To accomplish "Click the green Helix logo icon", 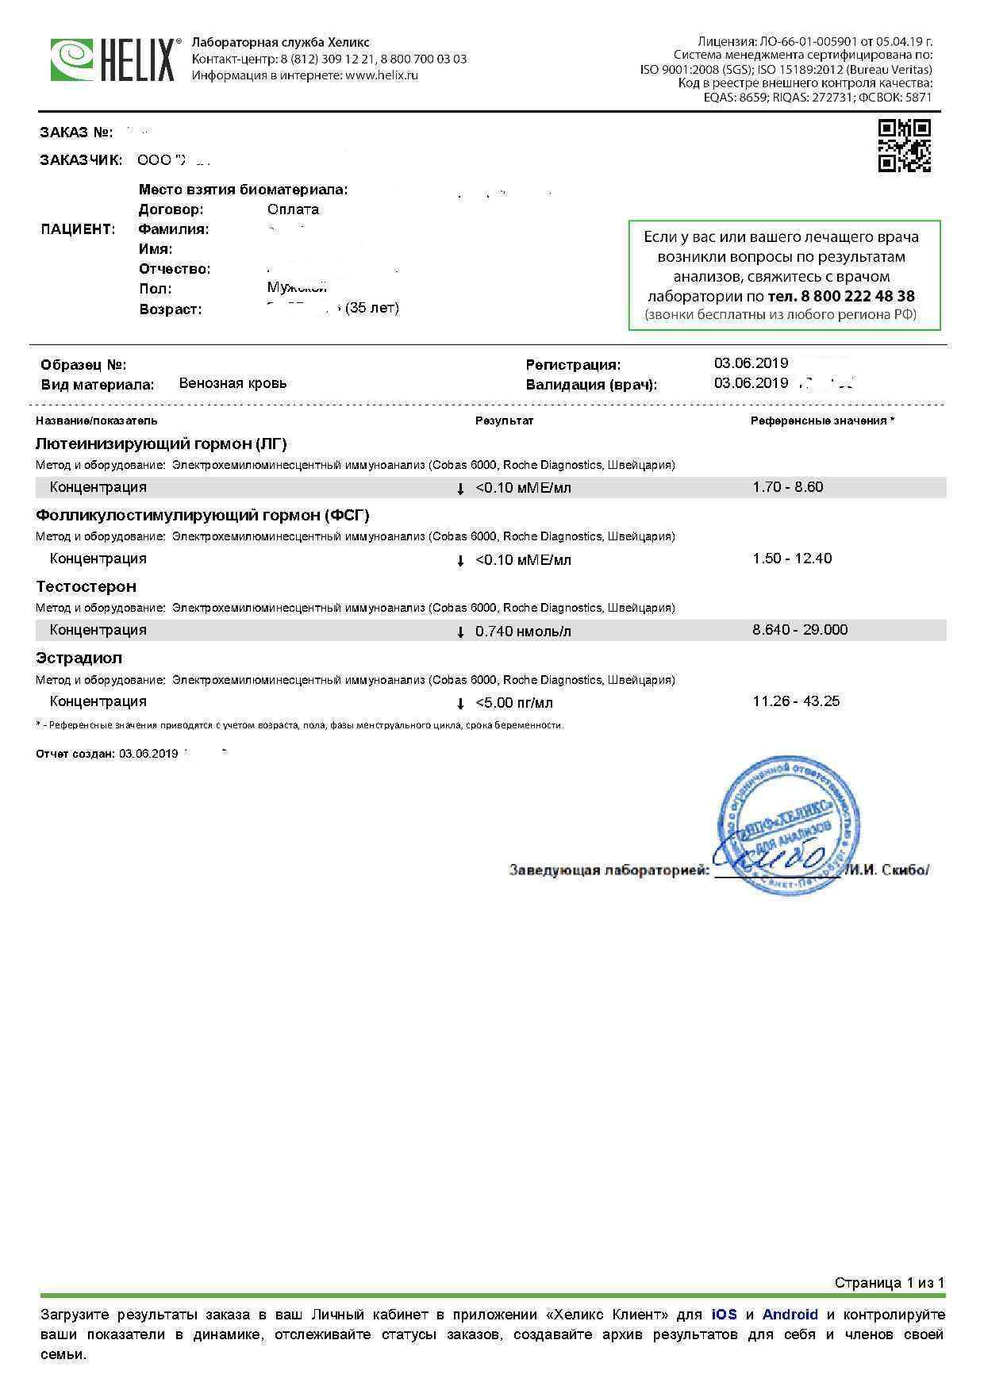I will pyautogui.click(x=71, y=60).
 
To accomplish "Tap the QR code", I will pyautogui.click(x=904, y=145).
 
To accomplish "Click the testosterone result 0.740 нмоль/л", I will pyautogui.click(x=523, y=632).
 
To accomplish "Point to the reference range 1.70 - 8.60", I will pyautogui.click(x=788, y=487).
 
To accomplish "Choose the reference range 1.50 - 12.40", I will pyautogui.click(x=792, y=559).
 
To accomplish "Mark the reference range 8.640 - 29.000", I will pyautogui.click(x=800, y=630).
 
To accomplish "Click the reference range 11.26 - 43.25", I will pyautogui.click(x=796, y=701).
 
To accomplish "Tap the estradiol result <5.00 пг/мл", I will pyautogui.click(x=514, y=703).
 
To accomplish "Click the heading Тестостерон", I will pyautogui.click(x=86, y=587).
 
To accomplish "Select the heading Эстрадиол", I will pyautogui.click(x=79, y=659).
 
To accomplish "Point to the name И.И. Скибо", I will pyautogui.click(x=887, y=870).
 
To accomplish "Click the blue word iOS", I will pyautogui.click(x=724, y=1315).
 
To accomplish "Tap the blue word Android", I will pyautogui.click(x=790, y=1315).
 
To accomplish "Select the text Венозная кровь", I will pyautogui.click(x=233, y=384).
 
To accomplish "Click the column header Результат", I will pyautogui.click(x=504, y=420).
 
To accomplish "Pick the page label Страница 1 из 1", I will pyautogui.click(x=890, y=1283).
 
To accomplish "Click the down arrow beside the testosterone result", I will pyautogui.click(x=460, y=632).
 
